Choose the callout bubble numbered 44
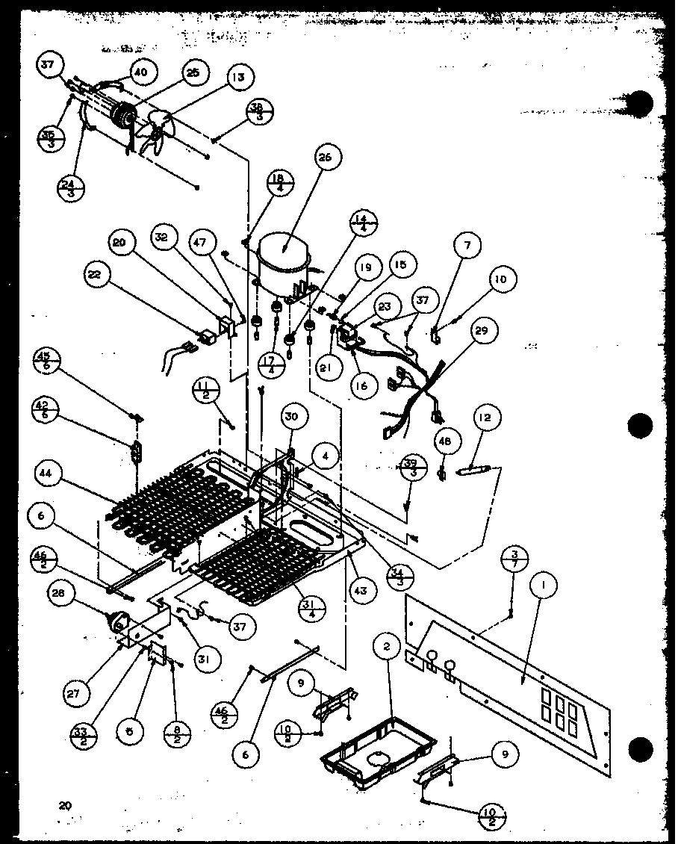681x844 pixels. (47, 473)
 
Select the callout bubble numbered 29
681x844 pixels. (485, 329)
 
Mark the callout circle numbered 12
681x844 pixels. (486, 418)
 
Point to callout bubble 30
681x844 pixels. (291, 418)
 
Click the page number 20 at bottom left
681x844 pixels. (66, 804)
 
